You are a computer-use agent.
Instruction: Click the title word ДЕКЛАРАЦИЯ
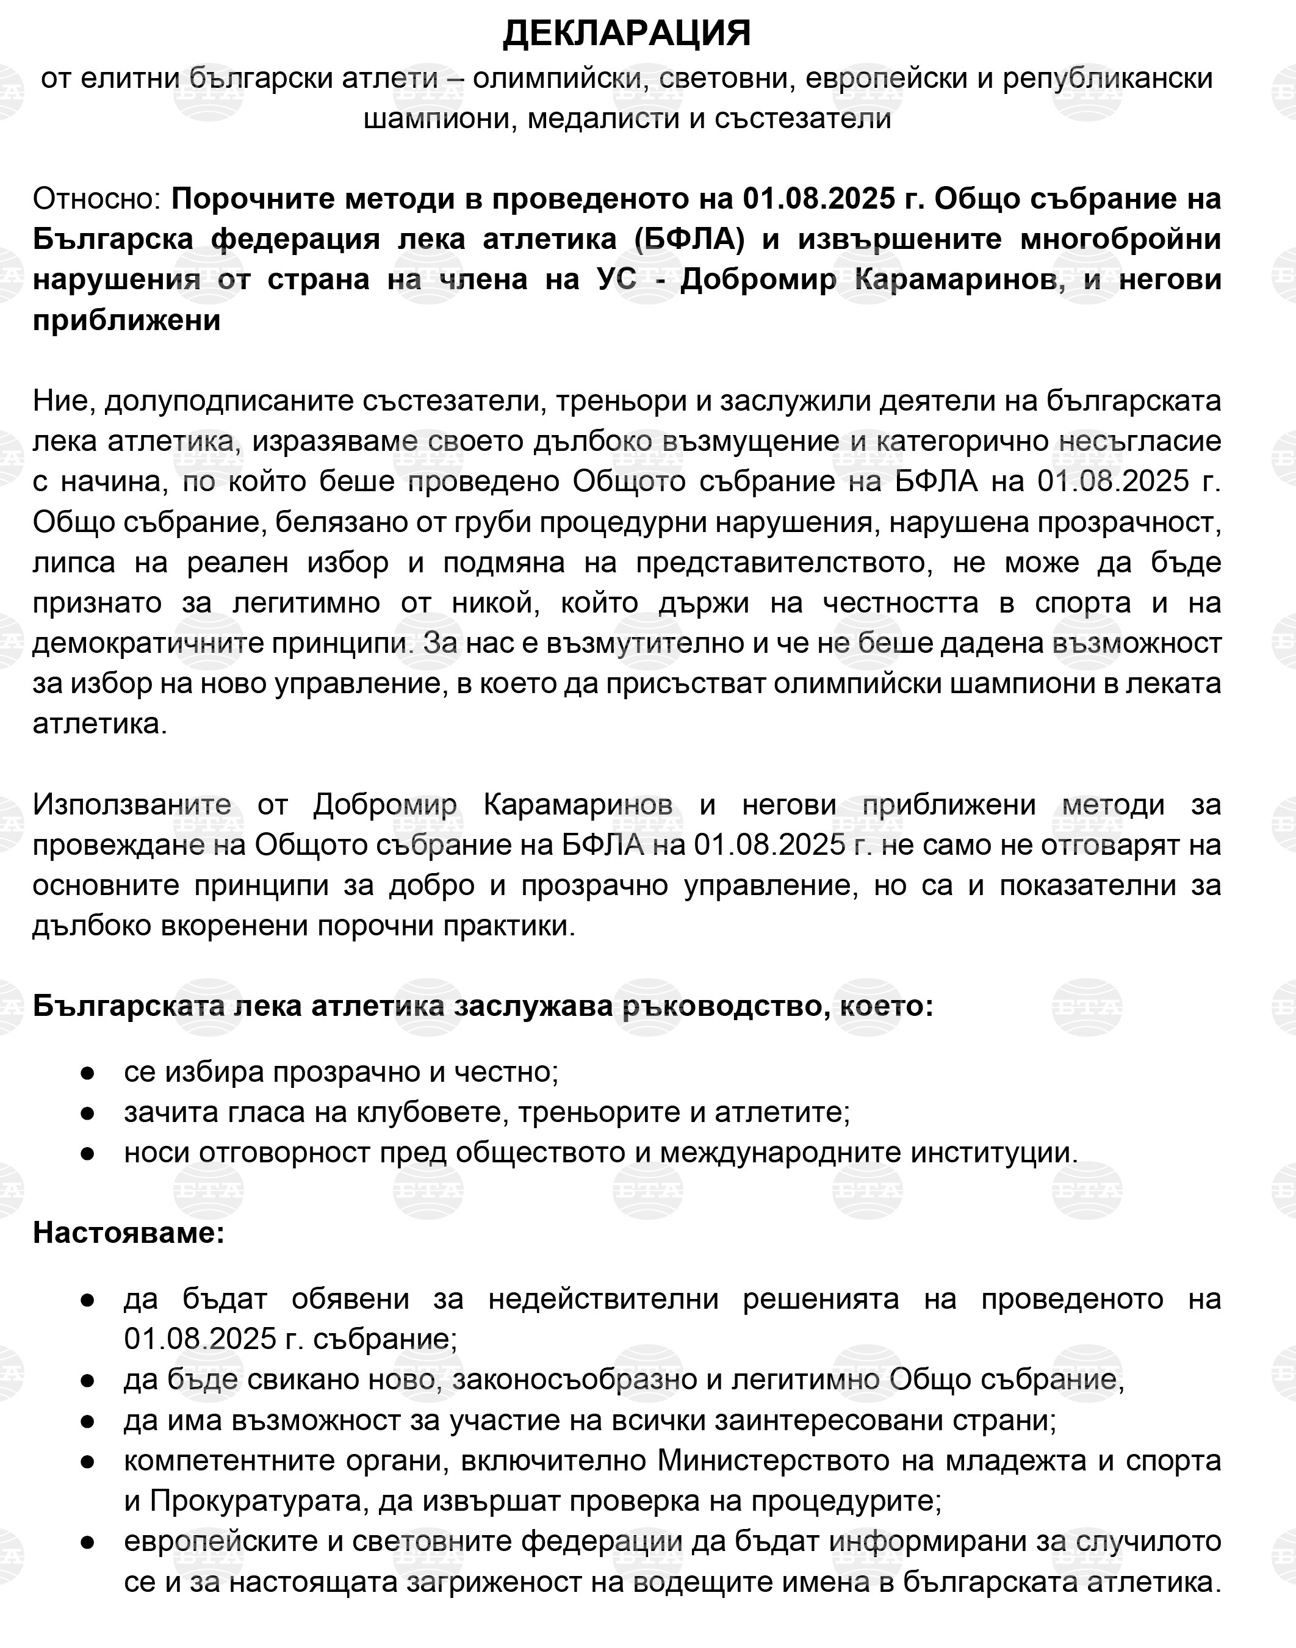point(627,34)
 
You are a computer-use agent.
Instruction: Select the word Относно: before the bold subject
point(96,199)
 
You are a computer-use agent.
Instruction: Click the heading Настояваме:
point(129,1233)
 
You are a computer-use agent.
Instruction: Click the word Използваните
point(132,804)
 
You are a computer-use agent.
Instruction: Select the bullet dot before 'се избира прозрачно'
point(87,1072)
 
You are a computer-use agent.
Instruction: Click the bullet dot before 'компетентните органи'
point(87,1461)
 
